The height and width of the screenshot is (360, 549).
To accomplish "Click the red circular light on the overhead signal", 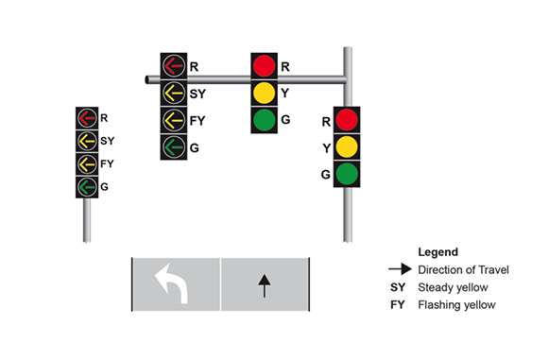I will click(x=264, y=66).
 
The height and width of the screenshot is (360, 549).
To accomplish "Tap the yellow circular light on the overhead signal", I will click(x=264, y=93).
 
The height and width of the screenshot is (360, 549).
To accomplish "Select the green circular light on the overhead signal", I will click(x=264, y=120).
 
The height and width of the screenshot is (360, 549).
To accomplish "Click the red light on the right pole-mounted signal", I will click(x=347, y=120).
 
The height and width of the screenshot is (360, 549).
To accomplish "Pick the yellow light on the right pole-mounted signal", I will click(x=347, y=146).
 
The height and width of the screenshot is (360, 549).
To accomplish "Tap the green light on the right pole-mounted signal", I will click(x=347, y=174).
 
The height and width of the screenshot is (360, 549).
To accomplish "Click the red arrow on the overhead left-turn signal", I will click(x=173, y=66).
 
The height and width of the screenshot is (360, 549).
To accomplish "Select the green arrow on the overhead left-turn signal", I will click(x=173, y=146).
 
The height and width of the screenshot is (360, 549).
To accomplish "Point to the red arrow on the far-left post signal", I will click(x=87, y=118).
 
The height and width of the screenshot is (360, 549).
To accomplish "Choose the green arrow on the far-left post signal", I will click(x=87, y=186).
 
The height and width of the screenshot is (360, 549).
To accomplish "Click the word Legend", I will click(x=437, y=252).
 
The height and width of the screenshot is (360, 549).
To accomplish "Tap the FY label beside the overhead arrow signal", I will click(x=197, y=121).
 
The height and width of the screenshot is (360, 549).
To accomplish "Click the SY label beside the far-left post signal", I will click(x=107, y=141).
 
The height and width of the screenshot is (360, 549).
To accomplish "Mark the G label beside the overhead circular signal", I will click(x=285, y=120).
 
